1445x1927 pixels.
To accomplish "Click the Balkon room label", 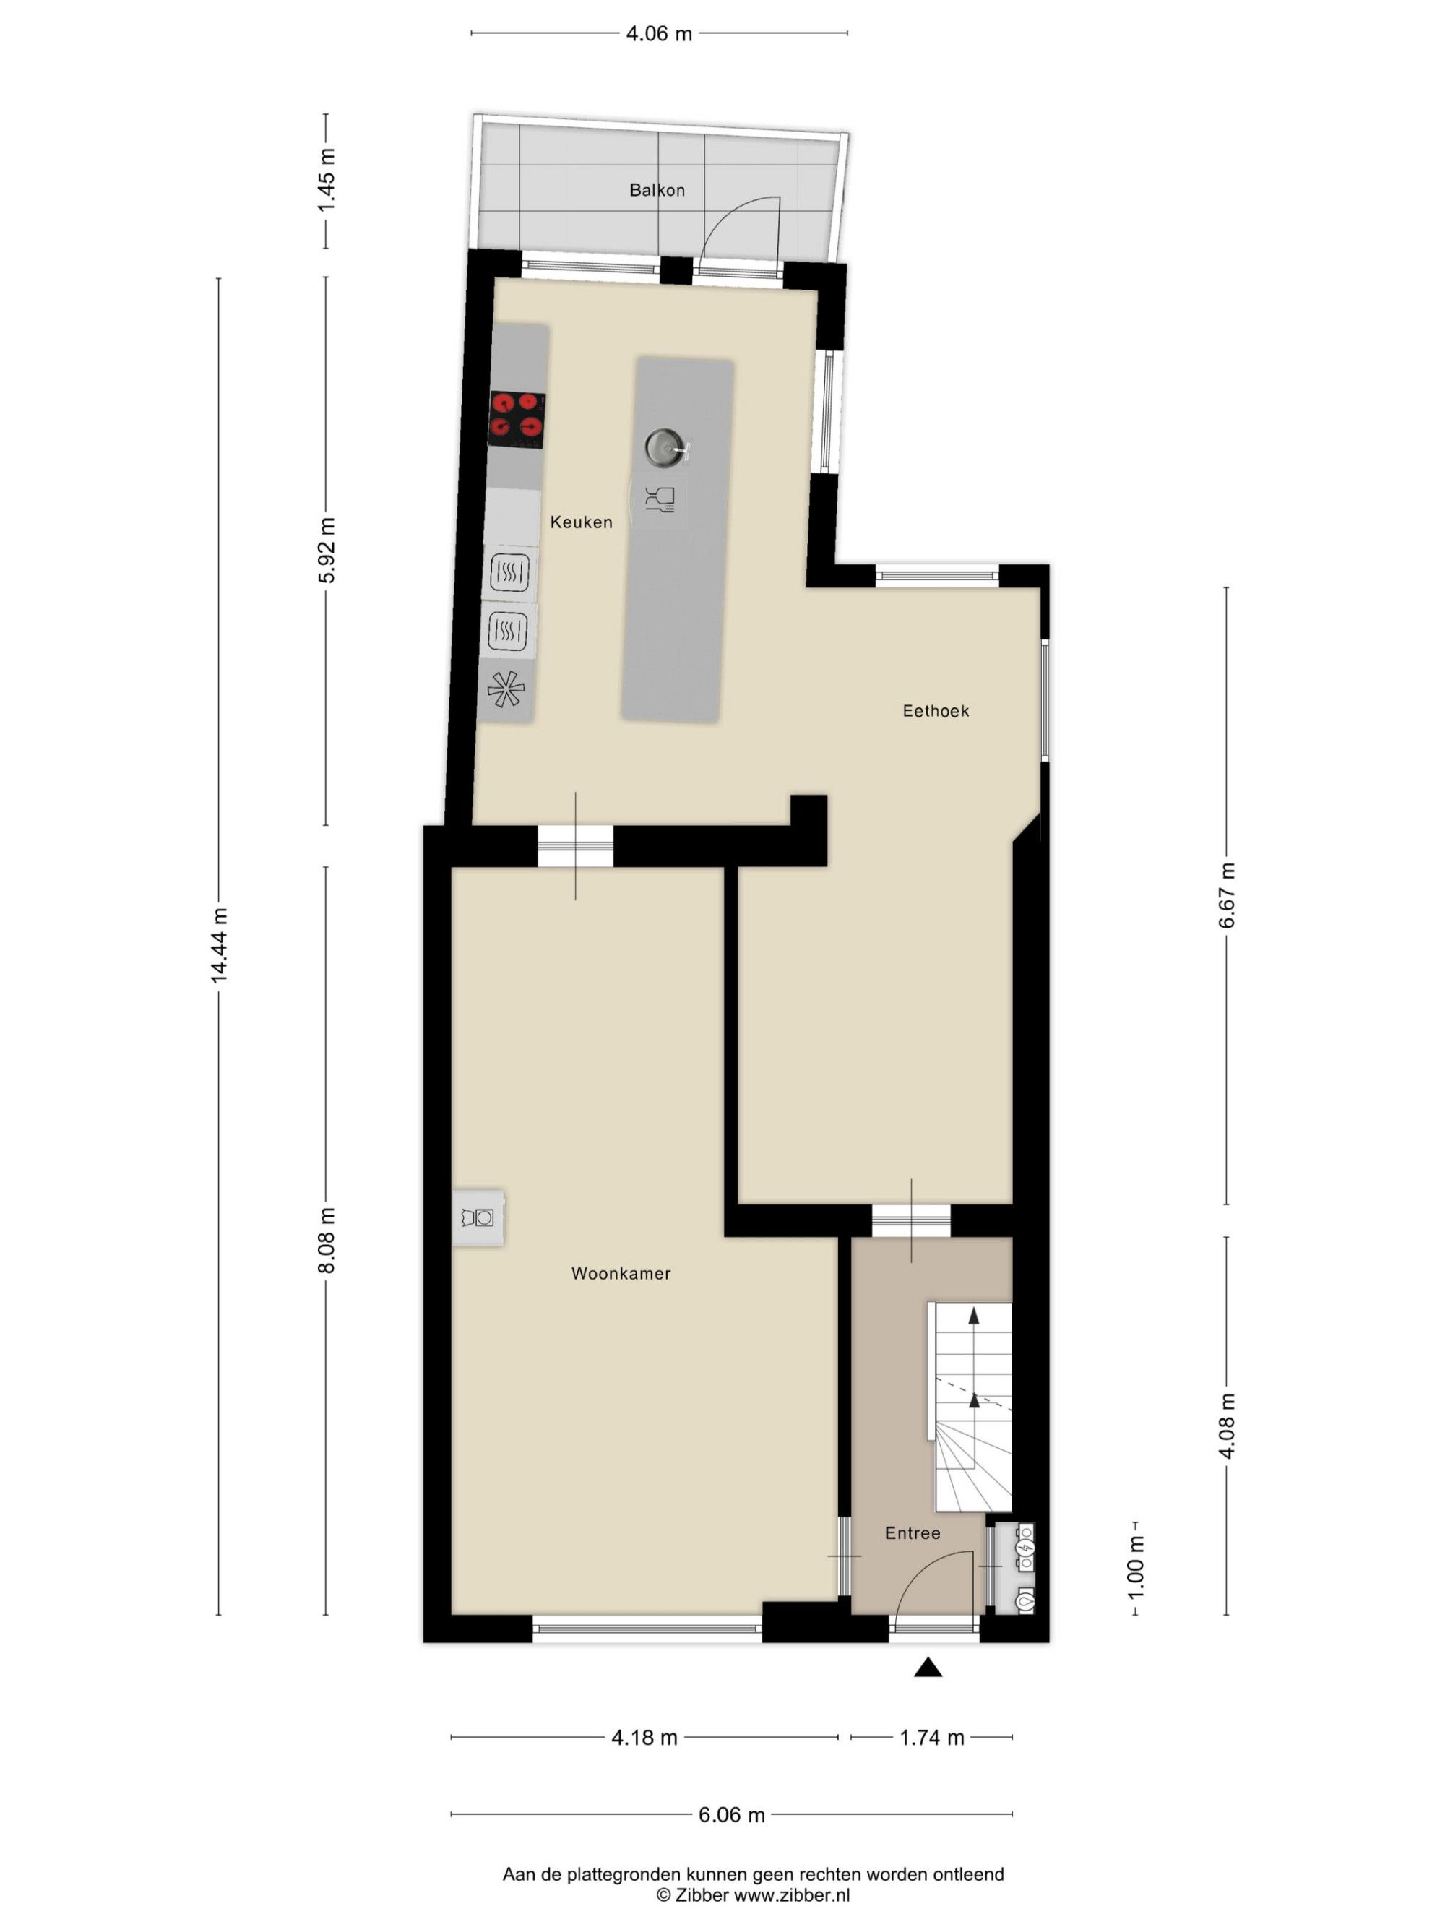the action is tap(657, 190).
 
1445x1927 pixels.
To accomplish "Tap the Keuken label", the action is tap(581, 522).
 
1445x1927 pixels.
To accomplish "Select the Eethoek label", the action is tap(936, 711).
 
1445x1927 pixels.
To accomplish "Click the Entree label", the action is tap(913, 1532).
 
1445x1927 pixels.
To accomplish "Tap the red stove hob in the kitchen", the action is tap(517, 418).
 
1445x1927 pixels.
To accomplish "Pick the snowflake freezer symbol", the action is tap(506, 689).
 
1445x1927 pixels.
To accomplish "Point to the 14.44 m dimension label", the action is tap(219, 945).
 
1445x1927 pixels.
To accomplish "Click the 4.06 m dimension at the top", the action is tap(660, 34).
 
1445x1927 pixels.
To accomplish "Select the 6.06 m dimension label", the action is tap(732, 1814).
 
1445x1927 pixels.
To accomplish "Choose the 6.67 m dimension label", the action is tap(1226, 895).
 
